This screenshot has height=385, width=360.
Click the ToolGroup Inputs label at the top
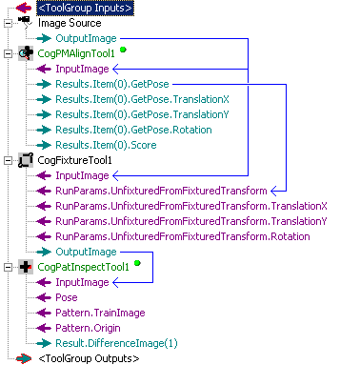pos(86,8)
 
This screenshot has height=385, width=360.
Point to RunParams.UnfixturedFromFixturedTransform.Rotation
pos(183,236)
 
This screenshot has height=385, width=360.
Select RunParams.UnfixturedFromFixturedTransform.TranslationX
pos(191,206)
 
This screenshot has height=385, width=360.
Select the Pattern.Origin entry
pos(88,328)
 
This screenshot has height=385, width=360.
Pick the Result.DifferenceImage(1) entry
pos(116,343)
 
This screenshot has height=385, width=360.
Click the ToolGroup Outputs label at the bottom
pos(89,358)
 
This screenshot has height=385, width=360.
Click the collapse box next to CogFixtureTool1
pos(9,160)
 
